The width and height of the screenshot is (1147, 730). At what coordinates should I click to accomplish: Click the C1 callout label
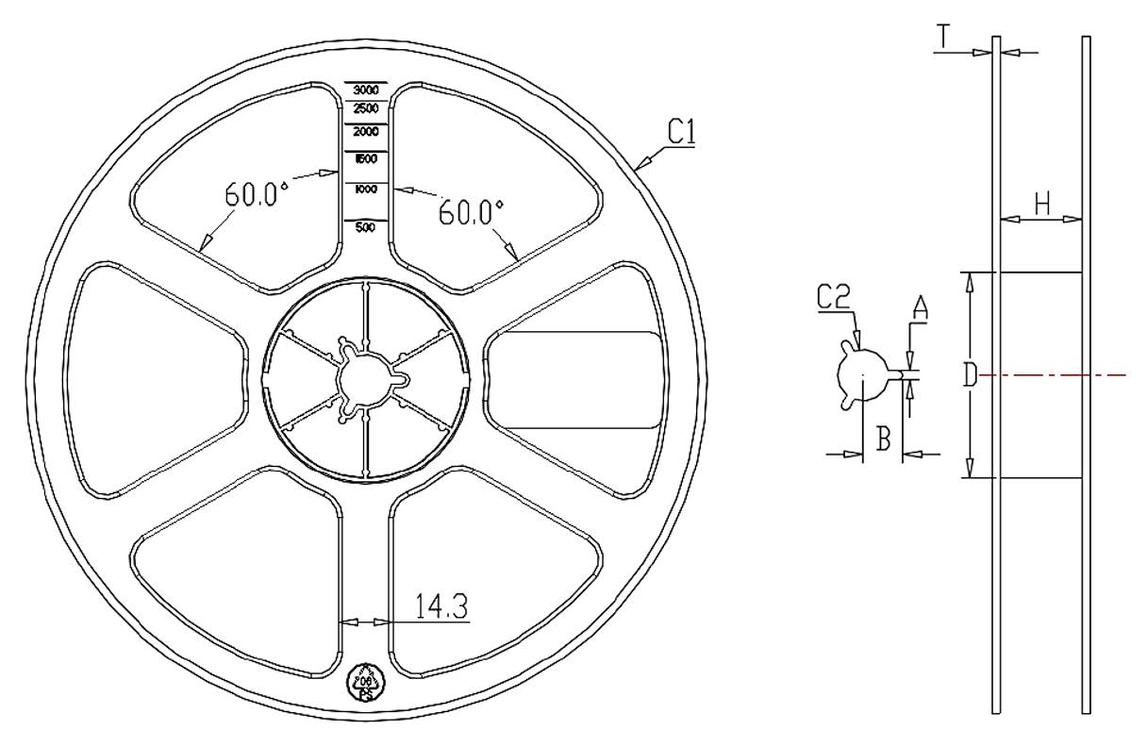click(x=681, y=134)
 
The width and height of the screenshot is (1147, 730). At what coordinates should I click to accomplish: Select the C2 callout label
click(x=834, y=298)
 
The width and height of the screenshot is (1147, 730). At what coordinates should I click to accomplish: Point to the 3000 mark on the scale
click(x=366, y=90)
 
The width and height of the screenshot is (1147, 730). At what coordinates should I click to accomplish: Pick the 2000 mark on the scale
click(x=366, y=132)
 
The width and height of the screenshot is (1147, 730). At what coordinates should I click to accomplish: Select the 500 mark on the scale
click(x=366, y=227)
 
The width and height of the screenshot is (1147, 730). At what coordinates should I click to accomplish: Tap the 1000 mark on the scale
click(x=366, y=190)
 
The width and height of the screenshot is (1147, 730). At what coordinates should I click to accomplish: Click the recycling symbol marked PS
click(x=365, y=681)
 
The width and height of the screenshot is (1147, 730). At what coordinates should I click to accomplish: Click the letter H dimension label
click(x=1040, y=203)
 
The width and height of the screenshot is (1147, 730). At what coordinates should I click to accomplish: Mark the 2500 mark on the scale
click(x=366, y=108)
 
